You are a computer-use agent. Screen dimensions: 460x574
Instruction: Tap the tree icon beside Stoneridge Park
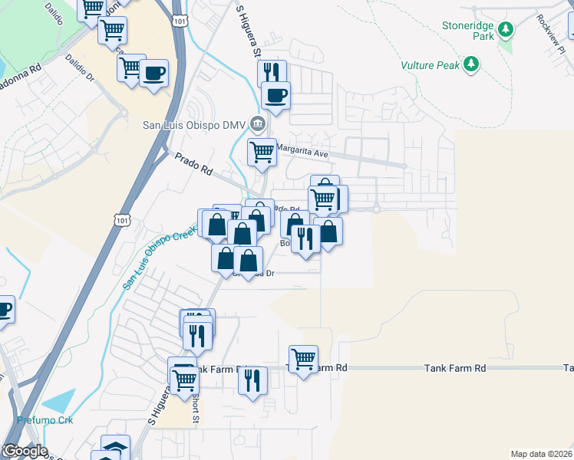point(505,30)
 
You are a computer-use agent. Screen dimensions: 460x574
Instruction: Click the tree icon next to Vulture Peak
point(473,64)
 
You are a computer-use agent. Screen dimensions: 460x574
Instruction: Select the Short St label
point(196,409)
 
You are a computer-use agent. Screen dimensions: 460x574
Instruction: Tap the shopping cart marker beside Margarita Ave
point(262,151)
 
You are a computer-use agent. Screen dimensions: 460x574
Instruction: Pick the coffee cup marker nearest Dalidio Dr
point(153,73)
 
